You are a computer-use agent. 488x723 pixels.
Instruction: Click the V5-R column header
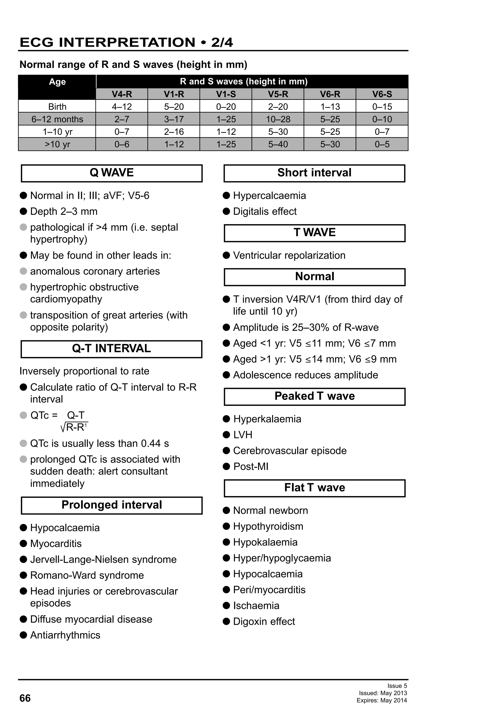click(x=278, y=94)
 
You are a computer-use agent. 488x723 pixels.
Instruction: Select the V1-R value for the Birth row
click(x=174, y=107)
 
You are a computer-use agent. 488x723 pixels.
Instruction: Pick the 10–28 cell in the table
click(x=278, y=119)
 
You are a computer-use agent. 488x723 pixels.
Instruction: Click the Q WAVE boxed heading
click(x=112, y=173)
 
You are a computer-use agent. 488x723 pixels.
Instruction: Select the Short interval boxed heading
click(x=314, y=173)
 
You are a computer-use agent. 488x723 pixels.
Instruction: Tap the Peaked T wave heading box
click(x=315, y=396)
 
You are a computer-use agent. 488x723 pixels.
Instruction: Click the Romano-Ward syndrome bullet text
click(x=87, y=575)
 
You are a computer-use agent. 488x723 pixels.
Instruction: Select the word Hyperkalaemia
click(x=267, y=419)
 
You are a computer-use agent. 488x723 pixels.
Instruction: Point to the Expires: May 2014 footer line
click(x=382, y=700)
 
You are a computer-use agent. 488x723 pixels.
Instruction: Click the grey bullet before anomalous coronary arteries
click(x=23, y=271)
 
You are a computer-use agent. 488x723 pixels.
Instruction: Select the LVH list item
click(x=243, y=435)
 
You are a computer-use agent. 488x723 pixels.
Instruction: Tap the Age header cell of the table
click(x=57, y=82)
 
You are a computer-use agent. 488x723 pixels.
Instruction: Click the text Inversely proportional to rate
click(x=84, y=371)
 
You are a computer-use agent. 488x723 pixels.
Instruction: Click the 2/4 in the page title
click(x=222, y=43)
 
